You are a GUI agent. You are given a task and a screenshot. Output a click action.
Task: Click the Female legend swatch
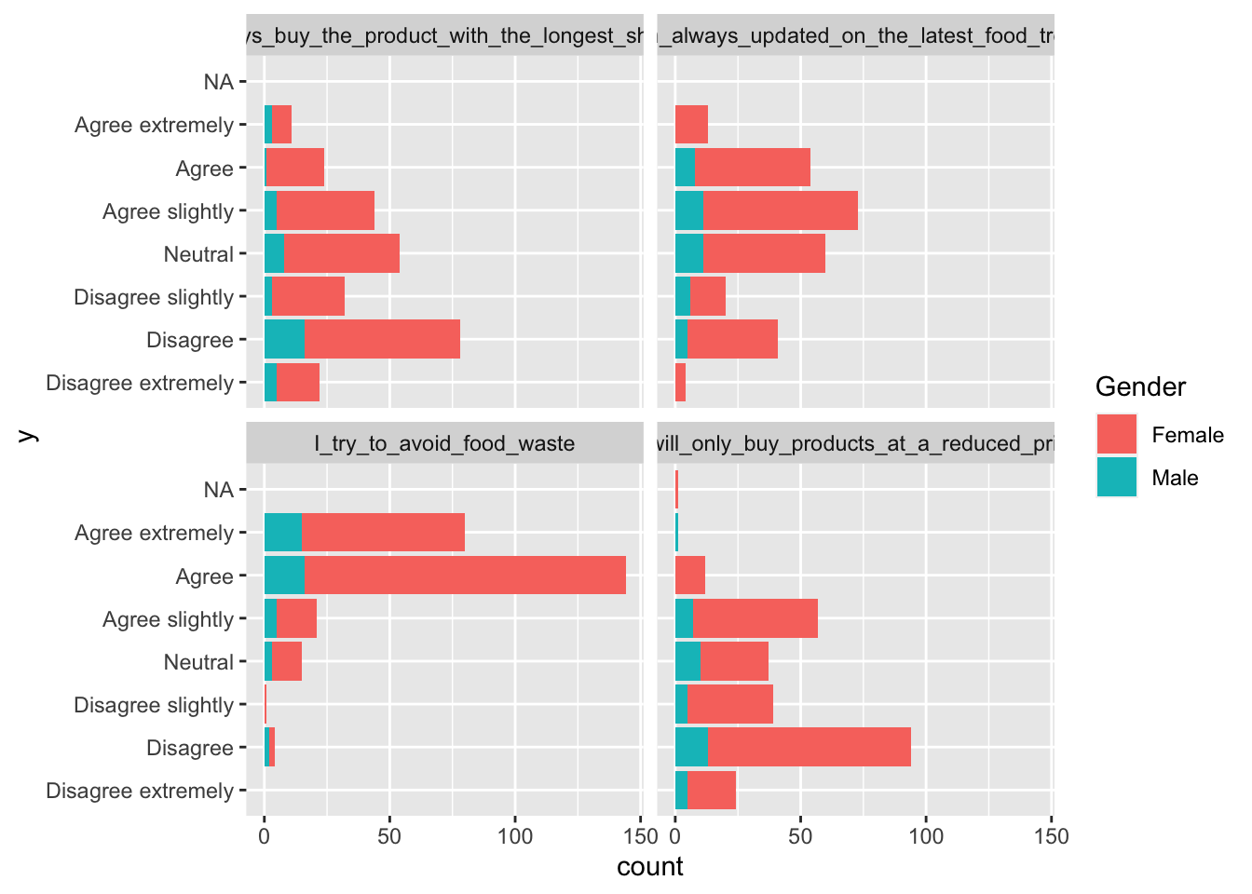coord(1116,435)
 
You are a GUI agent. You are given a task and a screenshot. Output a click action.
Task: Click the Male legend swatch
coord(1116,478)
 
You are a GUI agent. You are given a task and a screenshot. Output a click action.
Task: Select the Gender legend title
coord(1140,386)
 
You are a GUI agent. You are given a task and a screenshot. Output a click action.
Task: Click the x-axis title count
coord(649,867)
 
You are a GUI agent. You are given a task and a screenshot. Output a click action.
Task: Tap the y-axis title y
coord(27,434)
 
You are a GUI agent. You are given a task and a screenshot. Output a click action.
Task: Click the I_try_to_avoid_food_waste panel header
coord(444,443)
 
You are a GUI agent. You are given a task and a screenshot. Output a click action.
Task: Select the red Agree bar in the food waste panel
coord(465,576)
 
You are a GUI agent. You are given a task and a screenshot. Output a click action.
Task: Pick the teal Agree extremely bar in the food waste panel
coord(282,533)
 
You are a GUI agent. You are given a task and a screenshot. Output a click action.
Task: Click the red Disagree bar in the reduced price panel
coord(809,748)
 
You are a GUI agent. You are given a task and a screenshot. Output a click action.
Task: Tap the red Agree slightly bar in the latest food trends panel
coord(780,210)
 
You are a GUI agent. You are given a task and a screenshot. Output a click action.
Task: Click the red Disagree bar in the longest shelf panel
coord(382,340)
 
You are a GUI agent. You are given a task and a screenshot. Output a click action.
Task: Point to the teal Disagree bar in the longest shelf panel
coord(284,340)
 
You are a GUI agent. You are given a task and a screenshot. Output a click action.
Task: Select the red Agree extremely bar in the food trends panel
coord(691,125)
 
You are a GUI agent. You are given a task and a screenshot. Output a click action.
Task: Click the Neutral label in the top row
coord(197,254)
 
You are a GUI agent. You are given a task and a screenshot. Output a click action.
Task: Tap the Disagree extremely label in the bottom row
coord(140,791)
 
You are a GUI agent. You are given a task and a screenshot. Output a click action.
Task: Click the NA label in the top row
coord(218,82)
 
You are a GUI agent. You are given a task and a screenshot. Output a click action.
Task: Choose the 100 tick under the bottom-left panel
coord(515,836)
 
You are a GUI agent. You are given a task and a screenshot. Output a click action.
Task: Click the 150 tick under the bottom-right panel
coord(1051,836)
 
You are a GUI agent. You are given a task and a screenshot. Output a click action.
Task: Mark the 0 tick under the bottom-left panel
coord(265,836)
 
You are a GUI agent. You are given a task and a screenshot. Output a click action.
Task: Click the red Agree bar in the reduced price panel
coord(690,576)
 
